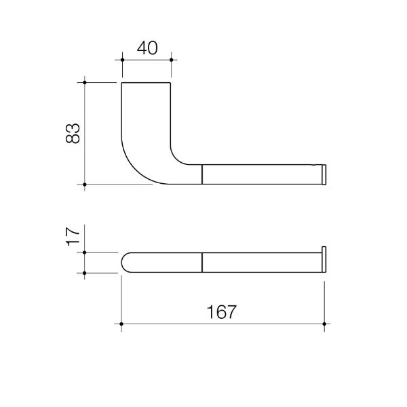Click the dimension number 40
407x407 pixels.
coord(147,48)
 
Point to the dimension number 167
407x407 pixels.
coord(222,312)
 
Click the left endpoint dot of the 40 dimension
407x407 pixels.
coord(122,60)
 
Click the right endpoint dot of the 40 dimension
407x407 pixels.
coord(171,60)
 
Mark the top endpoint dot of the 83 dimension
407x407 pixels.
coord(85,83)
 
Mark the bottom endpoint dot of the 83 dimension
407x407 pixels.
coord(85,184)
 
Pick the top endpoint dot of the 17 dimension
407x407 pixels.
coord(85,252)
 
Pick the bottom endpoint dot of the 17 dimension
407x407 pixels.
coord(85,273)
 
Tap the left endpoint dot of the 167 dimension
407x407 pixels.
coord(121,324)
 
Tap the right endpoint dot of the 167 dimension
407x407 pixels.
coord(325,324)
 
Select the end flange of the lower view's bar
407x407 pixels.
coord(324,259)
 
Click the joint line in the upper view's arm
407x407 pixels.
coord(203,174)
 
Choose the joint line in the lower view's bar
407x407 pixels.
coord(203,263)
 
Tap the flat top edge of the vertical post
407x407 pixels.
coord(147,83)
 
